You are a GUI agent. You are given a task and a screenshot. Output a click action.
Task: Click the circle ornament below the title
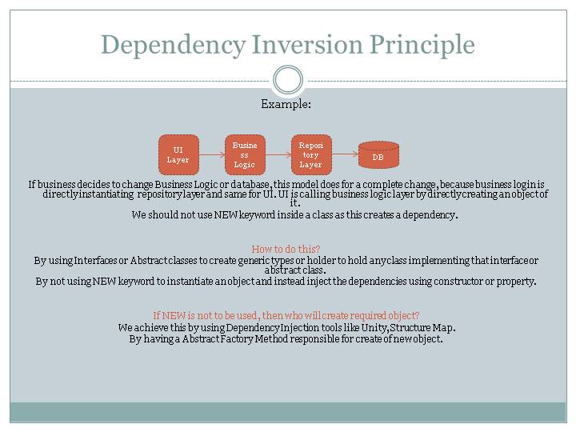click(288, 80)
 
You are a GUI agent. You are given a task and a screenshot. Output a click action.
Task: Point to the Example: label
click(286, 105)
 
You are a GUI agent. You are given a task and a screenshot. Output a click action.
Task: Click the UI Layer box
click(178, 154)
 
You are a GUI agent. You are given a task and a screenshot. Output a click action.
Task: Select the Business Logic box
click(245, 154)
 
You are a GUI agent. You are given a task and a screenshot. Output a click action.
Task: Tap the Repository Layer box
click(310, 154)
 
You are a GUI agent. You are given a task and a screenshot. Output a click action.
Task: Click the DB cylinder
click(378, 155)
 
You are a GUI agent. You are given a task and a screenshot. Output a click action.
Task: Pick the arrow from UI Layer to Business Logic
click(211, 154)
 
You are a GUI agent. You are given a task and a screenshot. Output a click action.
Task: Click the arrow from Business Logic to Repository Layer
click(278, 154)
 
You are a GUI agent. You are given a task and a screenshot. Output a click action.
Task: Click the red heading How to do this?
click(286, 249)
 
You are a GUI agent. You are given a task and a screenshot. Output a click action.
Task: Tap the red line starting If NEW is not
click(286, 315)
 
